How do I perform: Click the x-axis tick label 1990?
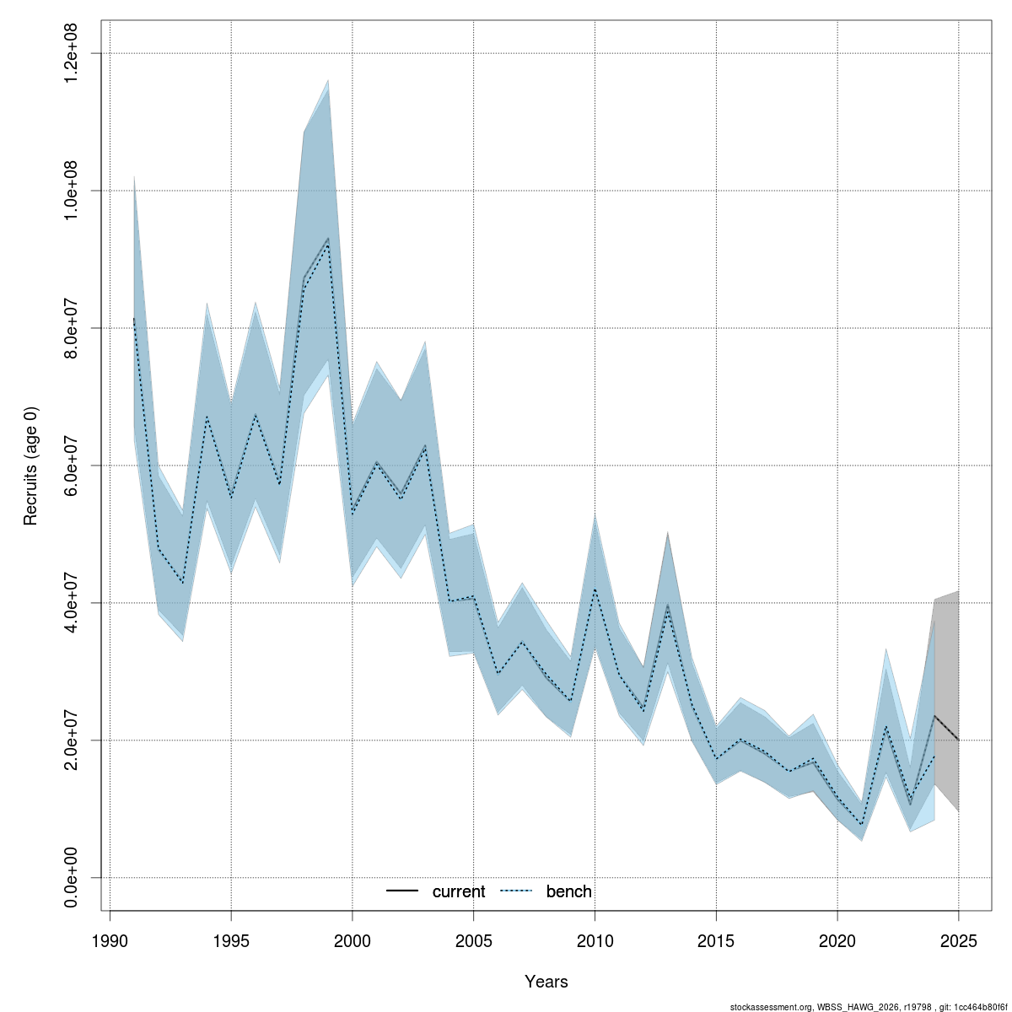(x=110, y=941)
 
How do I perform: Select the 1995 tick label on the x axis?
(x=231, y=941)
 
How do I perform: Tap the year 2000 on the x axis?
(x=353, y=941)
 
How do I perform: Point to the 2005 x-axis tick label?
(x=473, y=941)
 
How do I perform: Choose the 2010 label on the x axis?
(x=595, y=941)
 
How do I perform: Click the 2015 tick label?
(x=716, y=941)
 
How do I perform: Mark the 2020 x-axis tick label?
(x=837, y=941)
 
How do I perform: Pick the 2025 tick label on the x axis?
(x=959, y=941)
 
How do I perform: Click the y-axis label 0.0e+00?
(x=72, y=878)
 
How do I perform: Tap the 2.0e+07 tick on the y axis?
(x=72, y=740)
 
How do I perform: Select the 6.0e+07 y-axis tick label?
(x=72, y=466)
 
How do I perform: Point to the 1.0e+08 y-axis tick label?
(x=72, y=191)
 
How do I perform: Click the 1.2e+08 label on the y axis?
(x=72, y=53)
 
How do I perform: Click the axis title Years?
(x=546, y=982)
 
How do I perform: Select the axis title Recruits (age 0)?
(x=31, y=466)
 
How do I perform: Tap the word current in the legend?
(x=459, y=892)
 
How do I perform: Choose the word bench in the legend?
(x=569, y=892)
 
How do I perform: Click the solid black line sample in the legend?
(x=403, y=891)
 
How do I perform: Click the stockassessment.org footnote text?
(x=868, y=1007)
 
